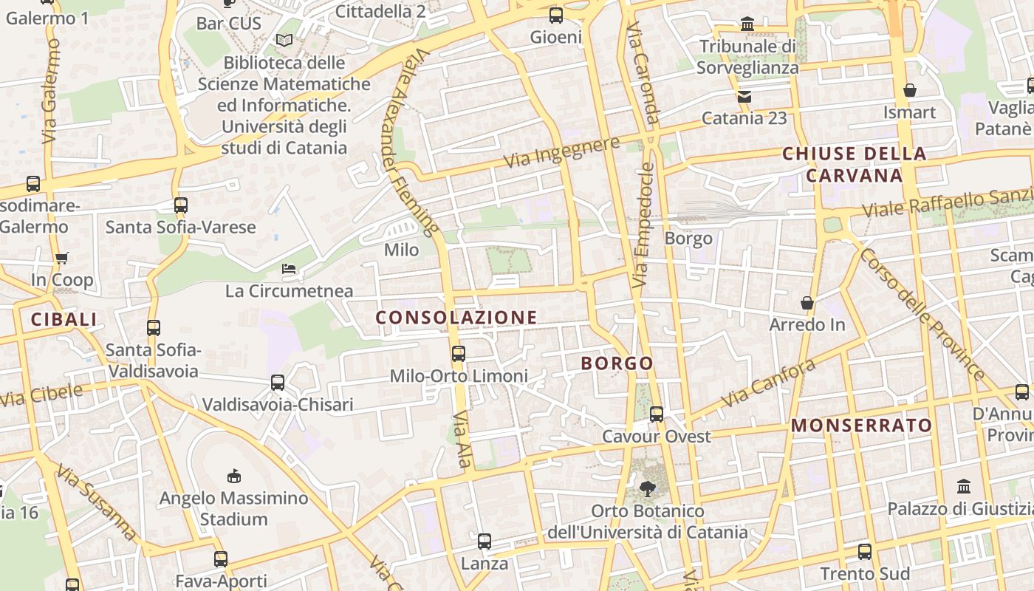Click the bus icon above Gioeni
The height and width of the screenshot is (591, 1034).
(x=555, y=15)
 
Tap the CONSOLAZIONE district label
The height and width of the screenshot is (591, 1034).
(x=456, y=318)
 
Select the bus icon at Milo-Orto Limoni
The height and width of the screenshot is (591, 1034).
(x=459, y=353)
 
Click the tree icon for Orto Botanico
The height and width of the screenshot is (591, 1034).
(x=648, y=488)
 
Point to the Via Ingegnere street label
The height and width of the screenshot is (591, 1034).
(x=561, y=151)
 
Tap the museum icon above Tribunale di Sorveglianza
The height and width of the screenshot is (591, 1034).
(x=747, y=24)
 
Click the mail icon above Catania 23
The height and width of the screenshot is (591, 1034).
(x=744, y=96)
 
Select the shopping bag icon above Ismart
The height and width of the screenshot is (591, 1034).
(x=910, y=90)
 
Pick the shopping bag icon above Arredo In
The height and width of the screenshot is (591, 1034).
(x=807, y=303)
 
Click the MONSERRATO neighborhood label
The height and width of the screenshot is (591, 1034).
(x=861, y=426)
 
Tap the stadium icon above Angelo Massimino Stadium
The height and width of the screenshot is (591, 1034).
(x=233, y=476)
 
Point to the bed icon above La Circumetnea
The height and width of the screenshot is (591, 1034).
(x=289, y=269)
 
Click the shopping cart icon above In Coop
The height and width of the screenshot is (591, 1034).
(x=62, y=258)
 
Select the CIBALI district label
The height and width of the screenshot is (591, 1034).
(x=64, y=319)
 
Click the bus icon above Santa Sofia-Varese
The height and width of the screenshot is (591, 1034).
(x=181, y=205)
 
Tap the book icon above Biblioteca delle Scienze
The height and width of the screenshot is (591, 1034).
(x=284, y=40)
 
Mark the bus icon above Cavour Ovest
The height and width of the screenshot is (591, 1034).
(x=656, y=414)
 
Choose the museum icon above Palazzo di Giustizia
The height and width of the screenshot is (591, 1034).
(x=964, y=486)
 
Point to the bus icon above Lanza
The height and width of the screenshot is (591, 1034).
(x=485, y=542)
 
